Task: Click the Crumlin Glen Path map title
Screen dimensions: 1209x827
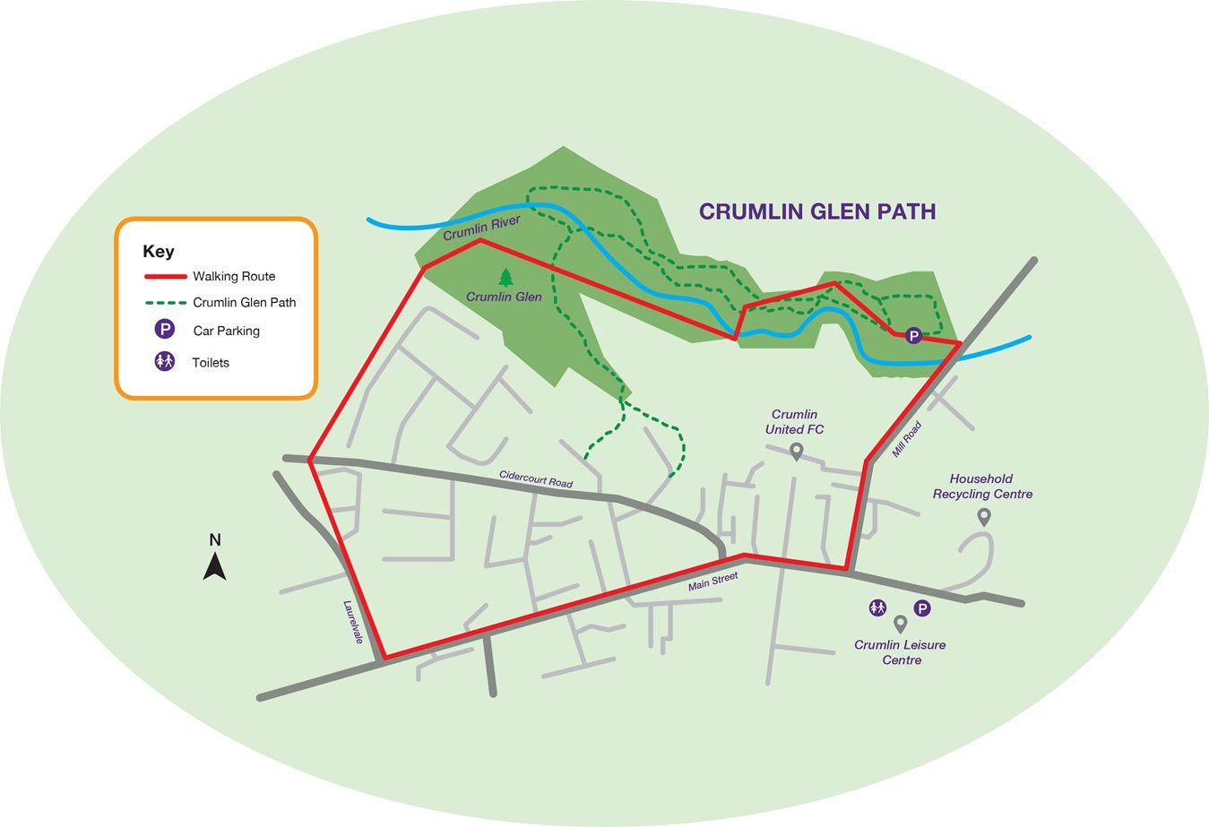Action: [x=817, y=211]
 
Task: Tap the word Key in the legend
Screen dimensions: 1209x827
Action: [x=158, y=252]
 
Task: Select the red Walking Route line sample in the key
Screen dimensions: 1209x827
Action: [x=166, y=277]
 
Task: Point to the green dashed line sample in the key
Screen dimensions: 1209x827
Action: [x=166, y=303]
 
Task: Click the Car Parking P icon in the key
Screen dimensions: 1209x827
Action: [x=165, y=329]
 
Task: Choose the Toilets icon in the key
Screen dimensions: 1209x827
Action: [x=165, y=361]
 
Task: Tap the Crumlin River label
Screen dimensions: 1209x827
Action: [x=482, y=228]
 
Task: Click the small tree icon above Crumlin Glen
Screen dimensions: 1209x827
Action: [x=505, y=278]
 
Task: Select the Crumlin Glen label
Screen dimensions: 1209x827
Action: [x=504, y=297]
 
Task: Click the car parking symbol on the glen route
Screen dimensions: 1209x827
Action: [x=913, y=335]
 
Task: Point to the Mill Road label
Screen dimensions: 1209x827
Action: [x=906, y=440]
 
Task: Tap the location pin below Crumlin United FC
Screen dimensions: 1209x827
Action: [x=796, y=452]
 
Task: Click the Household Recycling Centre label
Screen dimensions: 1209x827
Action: [x=982, y=487]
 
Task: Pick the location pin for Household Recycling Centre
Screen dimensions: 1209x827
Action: [x=984, y=517]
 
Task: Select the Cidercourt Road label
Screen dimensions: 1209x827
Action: [x=536, y=479]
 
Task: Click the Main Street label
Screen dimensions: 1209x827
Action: [x=713, y=581]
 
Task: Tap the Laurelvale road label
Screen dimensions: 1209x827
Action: [x=353, y=622]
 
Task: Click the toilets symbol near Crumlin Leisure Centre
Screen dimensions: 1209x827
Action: [x=877, y=608]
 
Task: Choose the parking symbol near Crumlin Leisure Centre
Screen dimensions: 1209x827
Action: [x=922, y=609]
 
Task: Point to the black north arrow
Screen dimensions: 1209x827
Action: [x=215, y=566]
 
